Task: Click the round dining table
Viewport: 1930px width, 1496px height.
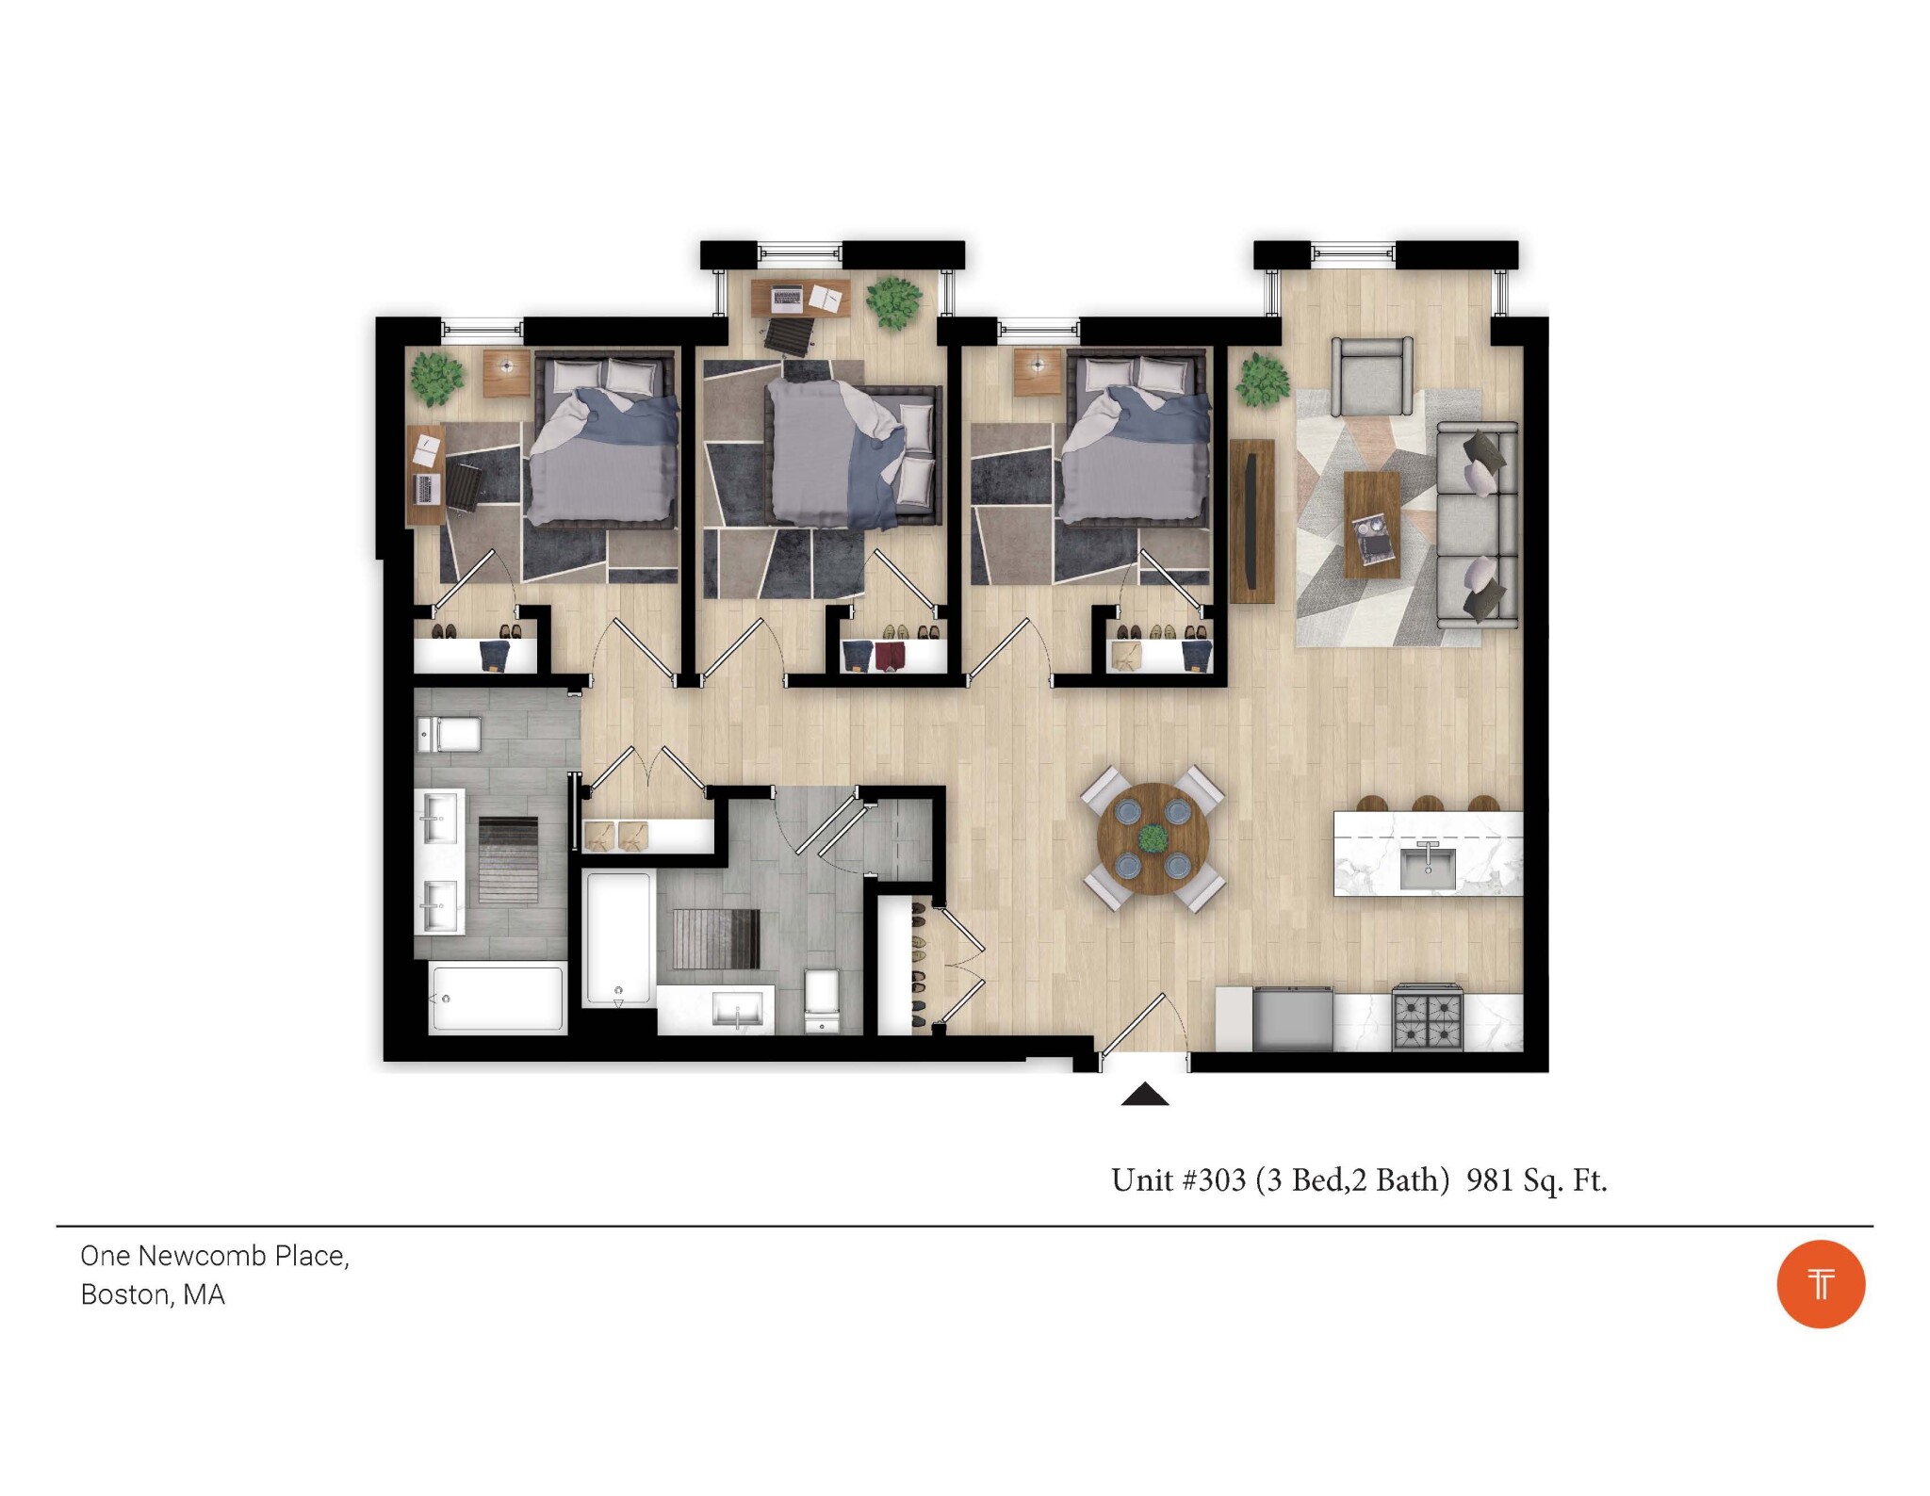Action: (1153, 837)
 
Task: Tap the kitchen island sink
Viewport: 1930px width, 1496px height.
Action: (1428, 867)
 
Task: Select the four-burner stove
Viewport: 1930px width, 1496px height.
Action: (1427, 1017)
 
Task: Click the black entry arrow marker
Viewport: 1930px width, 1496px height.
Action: (1145, 1094)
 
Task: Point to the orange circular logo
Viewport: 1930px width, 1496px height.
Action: (1821, 1284)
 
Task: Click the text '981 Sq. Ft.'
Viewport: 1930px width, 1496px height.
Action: (1536, 1180)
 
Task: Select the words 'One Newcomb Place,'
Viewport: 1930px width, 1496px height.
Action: (215, 1257)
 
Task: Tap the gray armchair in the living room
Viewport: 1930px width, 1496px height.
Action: (1371, 377)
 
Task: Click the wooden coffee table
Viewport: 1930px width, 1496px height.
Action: (1371, 525)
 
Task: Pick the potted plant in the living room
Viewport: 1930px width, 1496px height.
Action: (1262, 380)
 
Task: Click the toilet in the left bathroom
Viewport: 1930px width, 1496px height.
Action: (449, 734)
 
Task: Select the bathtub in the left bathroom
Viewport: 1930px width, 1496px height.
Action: (498, 998)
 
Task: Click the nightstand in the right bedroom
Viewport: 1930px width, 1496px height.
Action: (1038, 373)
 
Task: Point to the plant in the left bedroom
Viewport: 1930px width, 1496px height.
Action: (437, 379)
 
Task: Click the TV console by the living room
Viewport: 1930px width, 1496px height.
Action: (1252, 520)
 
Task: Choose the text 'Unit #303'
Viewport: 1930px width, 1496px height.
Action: (1179, 1180)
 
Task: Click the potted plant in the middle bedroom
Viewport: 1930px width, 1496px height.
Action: (893, 301)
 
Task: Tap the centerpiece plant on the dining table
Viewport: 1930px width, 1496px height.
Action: (1153, 837)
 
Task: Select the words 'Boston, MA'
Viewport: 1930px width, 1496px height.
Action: (153, 1295)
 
